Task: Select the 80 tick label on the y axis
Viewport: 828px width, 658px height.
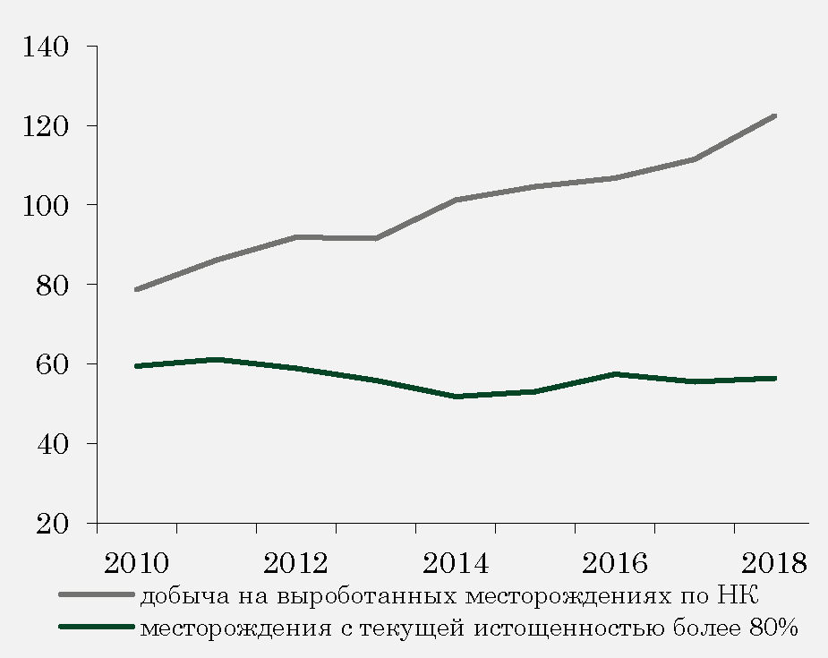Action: tap(53, 285)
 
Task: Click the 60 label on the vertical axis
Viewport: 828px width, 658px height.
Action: tap(53, 364)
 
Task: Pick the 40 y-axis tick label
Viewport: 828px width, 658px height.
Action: tap(53, 444)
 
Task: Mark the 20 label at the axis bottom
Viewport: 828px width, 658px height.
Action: tap(53, 524)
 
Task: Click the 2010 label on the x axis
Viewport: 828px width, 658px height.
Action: tap(137, 563)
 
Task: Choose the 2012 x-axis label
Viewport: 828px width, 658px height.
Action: tap(296, 563)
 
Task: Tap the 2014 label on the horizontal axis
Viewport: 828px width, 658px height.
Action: tap(456, 563)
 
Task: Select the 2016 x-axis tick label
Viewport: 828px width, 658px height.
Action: tap(615, 563)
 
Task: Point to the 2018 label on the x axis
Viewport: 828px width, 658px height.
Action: tap(773, 563)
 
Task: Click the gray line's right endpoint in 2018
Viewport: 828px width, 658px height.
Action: tap(774, 116)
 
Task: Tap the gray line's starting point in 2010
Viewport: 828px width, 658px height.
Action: tap(137, 289)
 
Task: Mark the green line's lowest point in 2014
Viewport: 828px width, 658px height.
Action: tap(456, 396)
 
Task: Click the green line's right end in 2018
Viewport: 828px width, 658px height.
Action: tap(774, 379)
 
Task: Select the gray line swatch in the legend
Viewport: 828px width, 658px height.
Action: tap(97, 594)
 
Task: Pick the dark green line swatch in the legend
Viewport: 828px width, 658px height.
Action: tap(97, 627)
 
